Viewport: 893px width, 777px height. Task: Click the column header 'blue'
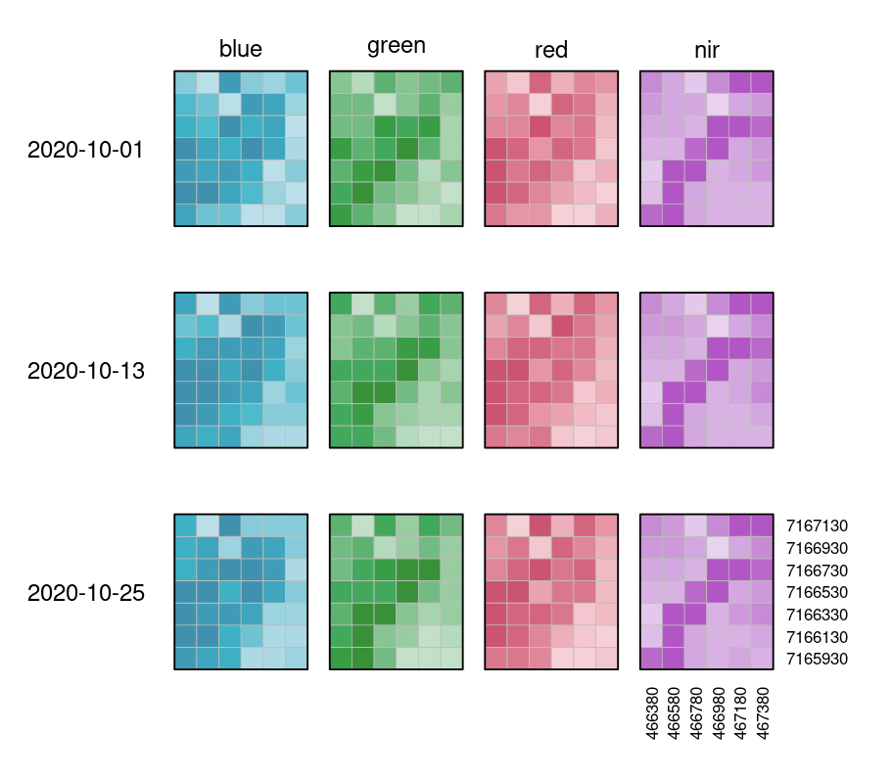pos(241,49)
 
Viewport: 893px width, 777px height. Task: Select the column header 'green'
pos(396,46)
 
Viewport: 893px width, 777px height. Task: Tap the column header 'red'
pos(551,50)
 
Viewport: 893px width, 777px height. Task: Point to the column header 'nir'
pos(706,49)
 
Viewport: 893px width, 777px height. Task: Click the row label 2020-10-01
pos(86,150)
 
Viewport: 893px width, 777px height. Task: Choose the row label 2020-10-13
pos(86,372)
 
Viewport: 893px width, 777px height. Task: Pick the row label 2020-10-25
pos(86,593)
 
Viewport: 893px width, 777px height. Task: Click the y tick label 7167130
pos(817,526)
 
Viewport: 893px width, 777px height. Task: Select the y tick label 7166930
pos(817,548)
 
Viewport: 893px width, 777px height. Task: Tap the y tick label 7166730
pos(817,571)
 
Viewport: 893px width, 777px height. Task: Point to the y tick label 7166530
pos(817,592)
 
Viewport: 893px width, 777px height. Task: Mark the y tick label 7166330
pos(817,615)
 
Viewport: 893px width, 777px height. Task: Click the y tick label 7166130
pos(817,637)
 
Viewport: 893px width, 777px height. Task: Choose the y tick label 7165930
pos(817,659)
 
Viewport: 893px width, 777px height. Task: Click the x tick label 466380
pos(651,713)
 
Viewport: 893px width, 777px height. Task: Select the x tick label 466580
pos(674,713)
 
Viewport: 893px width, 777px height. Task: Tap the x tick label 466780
pos(695,713)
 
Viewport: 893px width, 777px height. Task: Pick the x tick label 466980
pos(718,713)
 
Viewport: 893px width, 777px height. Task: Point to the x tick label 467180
pos(740,713)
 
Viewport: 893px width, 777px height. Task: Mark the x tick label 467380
pos(763,713)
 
